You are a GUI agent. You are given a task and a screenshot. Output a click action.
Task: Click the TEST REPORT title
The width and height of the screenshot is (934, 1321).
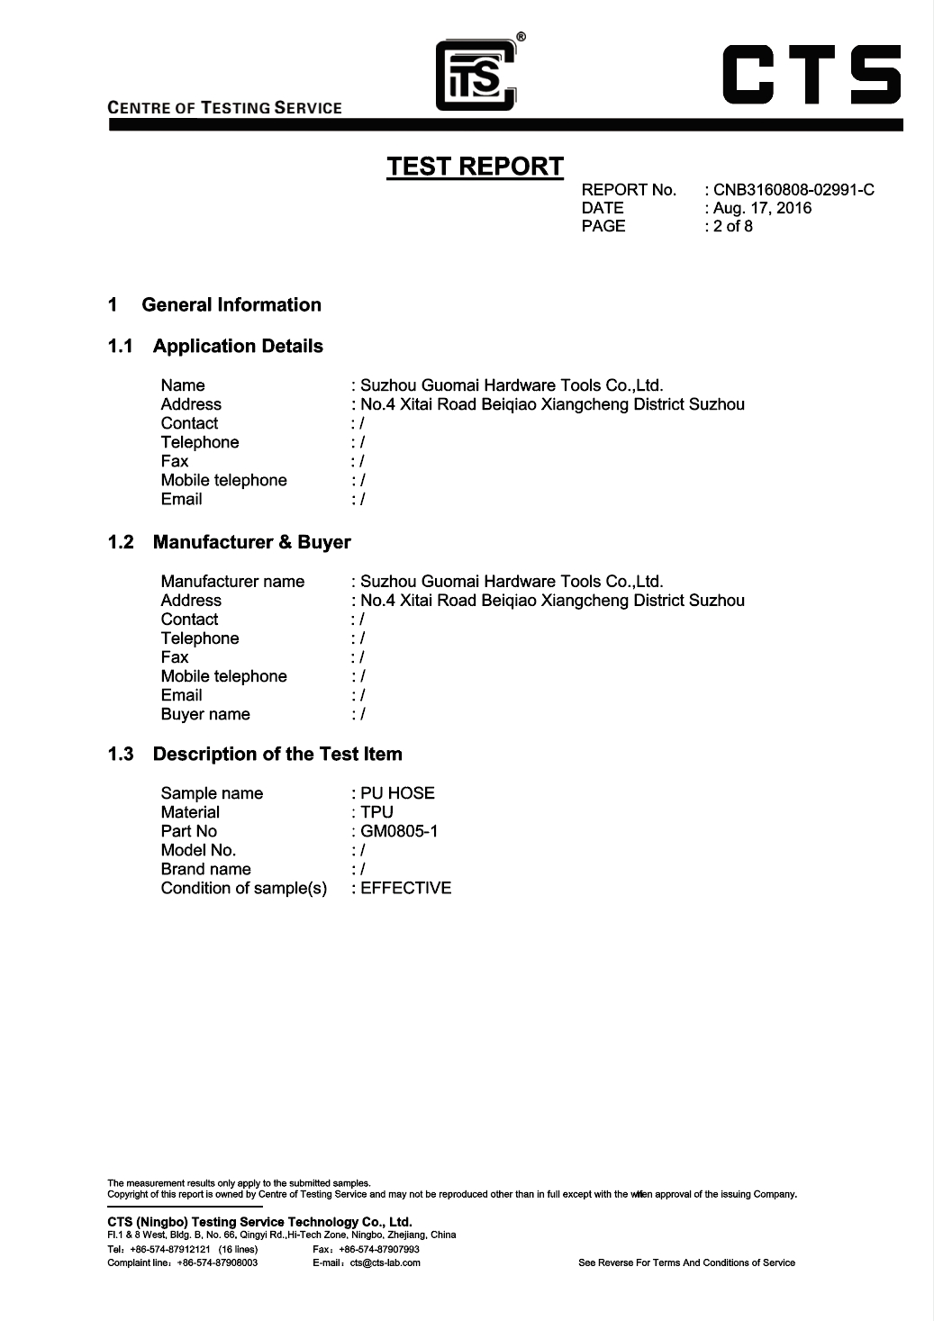click(475, 167)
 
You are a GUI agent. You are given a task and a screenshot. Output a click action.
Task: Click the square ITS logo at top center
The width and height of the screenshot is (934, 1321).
click(476, 76)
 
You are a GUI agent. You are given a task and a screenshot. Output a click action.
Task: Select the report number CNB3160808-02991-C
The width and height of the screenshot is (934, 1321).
click(793, 190)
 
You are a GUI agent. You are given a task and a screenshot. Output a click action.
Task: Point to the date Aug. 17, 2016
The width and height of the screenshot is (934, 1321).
click(762, 208)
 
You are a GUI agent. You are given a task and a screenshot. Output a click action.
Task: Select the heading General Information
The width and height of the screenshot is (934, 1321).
click(231, 305)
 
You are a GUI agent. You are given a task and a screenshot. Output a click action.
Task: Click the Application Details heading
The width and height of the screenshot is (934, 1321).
click(238, 347)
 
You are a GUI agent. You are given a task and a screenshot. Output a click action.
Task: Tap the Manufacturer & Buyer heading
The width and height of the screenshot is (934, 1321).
click(251, 542)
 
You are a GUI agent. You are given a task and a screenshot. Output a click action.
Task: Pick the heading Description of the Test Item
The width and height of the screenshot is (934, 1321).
click(277, 755)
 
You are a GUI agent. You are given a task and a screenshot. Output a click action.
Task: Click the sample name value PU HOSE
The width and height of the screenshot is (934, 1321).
click(397, 793)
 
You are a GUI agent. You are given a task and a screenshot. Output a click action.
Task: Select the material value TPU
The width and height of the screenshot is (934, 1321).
click(376, 812)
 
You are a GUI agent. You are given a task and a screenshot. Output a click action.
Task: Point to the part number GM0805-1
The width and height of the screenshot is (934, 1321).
click(399, 831)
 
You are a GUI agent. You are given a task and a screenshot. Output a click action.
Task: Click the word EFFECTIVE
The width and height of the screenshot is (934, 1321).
click(405, 888)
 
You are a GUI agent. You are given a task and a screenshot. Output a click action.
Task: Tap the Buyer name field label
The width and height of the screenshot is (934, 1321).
click(205, 714)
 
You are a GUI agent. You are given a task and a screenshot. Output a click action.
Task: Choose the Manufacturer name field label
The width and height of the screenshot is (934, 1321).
click(232, 581)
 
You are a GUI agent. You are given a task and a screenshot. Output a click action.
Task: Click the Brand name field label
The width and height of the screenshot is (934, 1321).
click(205, 869)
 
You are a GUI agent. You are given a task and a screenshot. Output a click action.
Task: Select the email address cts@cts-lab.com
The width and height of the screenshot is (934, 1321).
click(385, 1262)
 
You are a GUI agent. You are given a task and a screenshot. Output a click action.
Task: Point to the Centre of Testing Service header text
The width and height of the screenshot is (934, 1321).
click(224, 108)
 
